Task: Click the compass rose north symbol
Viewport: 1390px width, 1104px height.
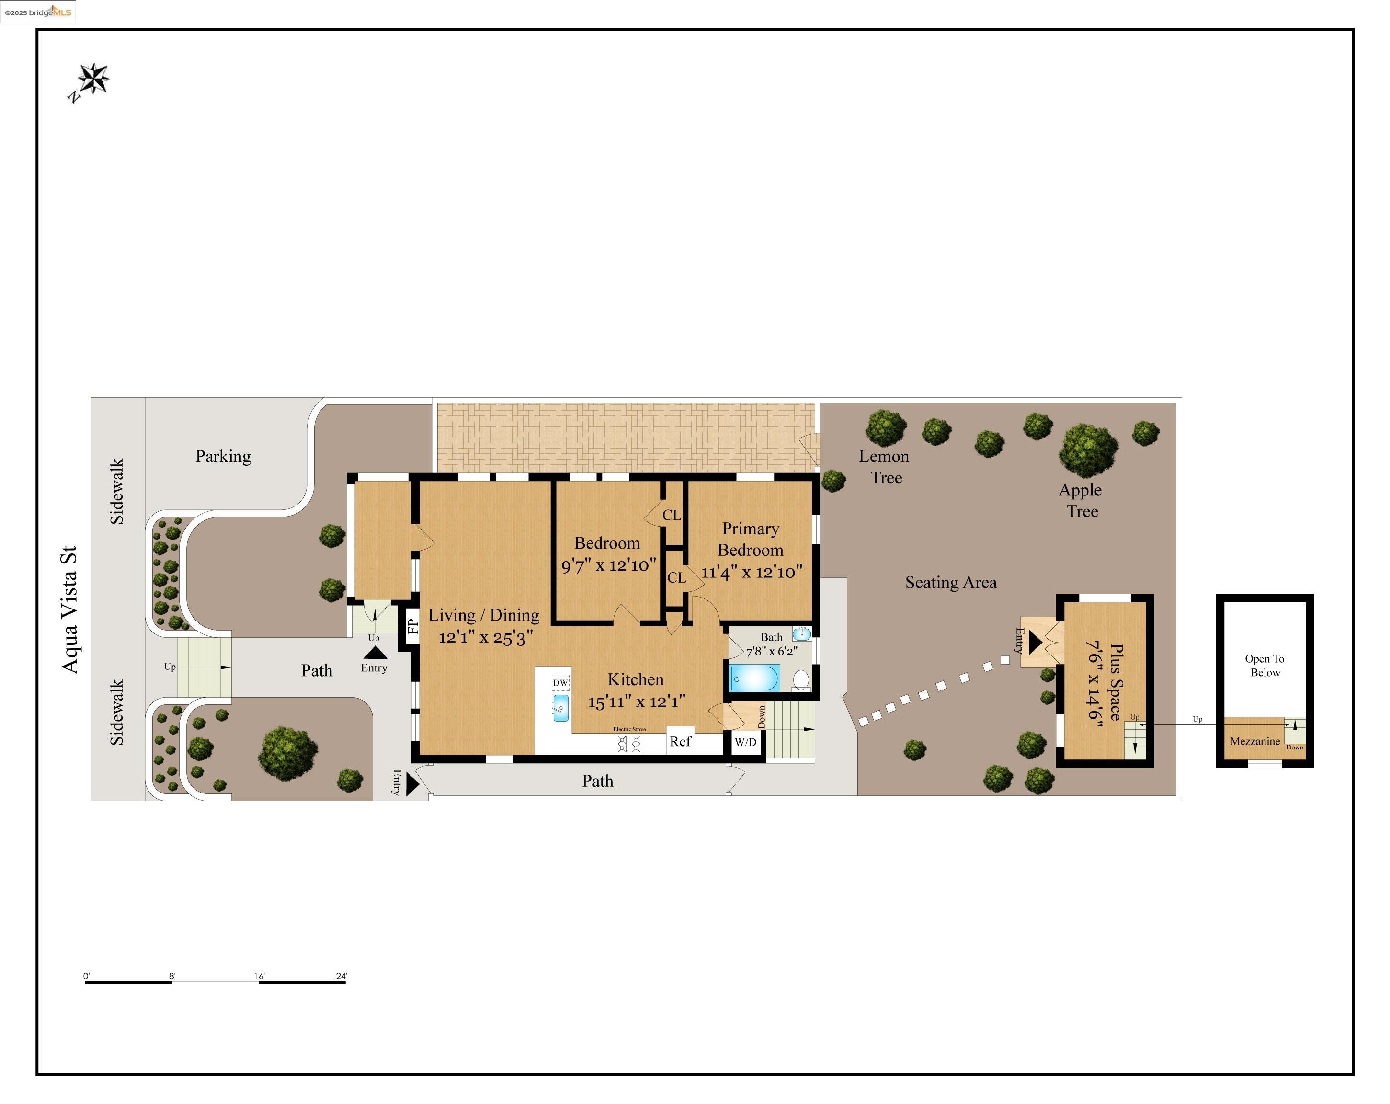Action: point(93,80)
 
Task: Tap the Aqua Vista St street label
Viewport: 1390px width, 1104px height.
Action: point(69,609)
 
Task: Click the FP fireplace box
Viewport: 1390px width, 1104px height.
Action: point(412,625)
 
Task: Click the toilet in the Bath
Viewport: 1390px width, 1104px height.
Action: point(801,679)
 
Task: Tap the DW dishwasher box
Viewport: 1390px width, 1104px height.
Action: point(560,682)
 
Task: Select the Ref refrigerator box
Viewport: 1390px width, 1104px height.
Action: point(680,741)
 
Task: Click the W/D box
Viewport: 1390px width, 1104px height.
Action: point(745,742)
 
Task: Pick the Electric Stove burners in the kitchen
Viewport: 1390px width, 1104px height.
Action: point(629,744)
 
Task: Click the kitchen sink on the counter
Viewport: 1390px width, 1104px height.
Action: point(561,708)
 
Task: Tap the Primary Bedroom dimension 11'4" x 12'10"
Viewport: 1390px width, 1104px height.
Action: point(752,572)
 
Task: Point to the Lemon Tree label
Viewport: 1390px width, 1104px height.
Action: point(885,466)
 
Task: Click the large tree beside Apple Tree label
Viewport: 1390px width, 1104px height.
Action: point(1088,449)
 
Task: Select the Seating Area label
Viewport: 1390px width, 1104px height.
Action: point(950,582)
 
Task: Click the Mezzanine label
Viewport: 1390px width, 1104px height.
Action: point(1254,741)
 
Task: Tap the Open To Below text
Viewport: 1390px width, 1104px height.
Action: point(1265,665)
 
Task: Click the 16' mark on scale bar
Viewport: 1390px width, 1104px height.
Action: point(259,977)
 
